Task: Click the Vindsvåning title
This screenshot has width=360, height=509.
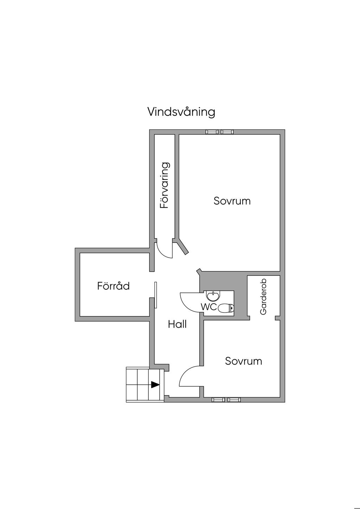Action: click(x=181, y=112)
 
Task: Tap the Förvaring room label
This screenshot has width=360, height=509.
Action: click(x=165, y=185)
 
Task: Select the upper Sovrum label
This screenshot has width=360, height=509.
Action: click(x=232, y=201)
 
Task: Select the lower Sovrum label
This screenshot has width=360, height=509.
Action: click(x=243, y=361)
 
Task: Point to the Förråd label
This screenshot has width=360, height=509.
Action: click(x=113, y=286)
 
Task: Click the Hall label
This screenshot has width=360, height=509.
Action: click(x=177, y=324)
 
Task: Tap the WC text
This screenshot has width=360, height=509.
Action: click(x=208, y=307)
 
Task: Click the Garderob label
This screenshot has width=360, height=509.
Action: click(x=263, y=297)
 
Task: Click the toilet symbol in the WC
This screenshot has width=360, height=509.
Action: click(x=225, y=309)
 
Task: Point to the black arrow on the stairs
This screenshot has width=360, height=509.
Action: click(x=155, y=385)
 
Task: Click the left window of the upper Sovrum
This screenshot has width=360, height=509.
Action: click(x=212, y=132)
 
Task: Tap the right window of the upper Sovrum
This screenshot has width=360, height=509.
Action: click(x=227, y=132)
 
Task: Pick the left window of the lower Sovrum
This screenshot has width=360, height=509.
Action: click(x=218, y=400)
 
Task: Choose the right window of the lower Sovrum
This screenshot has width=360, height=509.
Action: click(x=234, y=400)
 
